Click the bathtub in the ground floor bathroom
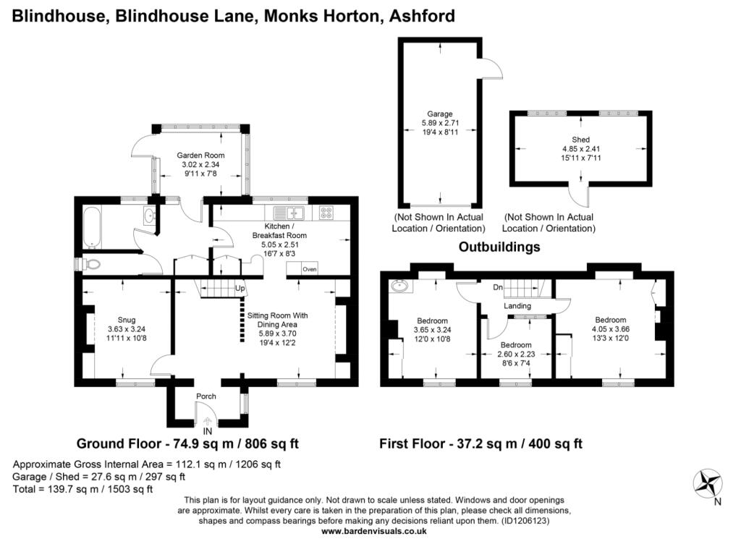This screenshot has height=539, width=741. [92, 226]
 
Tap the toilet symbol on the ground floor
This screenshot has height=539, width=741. [90, 264]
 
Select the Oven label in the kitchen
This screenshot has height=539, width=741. [310, 269]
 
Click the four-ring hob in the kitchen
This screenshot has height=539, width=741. [326, 213]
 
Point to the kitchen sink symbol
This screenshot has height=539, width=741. [290, 213]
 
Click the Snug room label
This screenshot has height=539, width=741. [126, 320]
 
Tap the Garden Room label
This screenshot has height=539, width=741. [201, 155]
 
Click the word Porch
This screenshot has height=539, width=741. [206, 396]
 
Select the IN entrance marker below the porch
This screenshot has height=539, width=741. [208, 431]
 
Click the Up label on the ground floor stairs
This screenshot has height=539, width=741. [240, 288]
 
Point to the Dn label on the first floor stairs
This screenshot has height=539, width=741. [498, 287]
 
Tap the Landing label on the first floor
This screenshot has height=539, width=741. [517, 305]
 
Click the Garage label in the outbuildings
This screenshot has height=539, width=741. [440, 114]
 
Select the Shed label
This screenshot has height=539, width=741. [581, 140]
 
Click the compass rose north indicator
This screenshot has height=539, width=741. [708, 484]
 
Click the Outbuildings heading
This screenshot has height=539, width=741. [499, 247]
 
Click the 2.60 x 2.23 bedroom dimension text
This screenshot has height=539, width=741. [516, 354]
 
